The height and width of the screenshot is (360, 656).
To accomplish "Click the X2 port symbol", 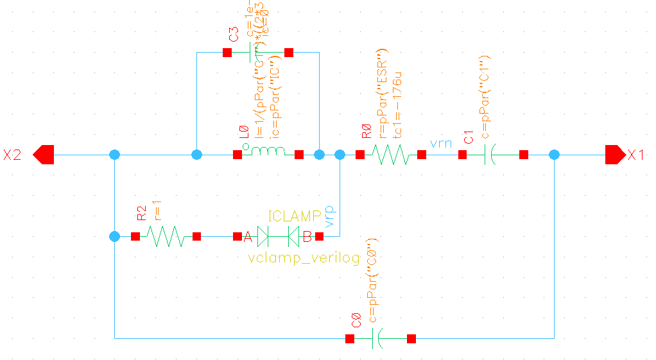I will click(44, 155).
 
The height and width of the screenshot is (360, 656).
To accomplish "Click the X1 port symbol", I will click(615, 155).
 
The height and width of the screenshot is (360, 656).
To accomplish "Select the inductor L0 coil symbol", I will click(267, 153).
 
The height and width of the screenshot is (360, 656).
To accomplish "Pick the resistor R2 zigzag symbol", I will click(166, 237).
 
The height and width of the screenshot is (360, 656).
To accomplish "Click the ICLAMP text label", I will click(294, 217).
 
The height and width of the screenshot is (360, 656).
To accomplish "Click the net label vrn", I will click(442, 142).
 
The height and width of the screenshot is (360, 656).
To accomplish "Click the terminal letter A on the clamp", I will click(247, 237).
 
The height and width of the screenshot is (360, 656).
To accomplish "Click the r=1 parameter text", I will click(157, 209).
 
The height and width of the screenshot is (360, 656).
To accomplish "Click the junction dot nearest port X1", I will click(555, 155).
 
